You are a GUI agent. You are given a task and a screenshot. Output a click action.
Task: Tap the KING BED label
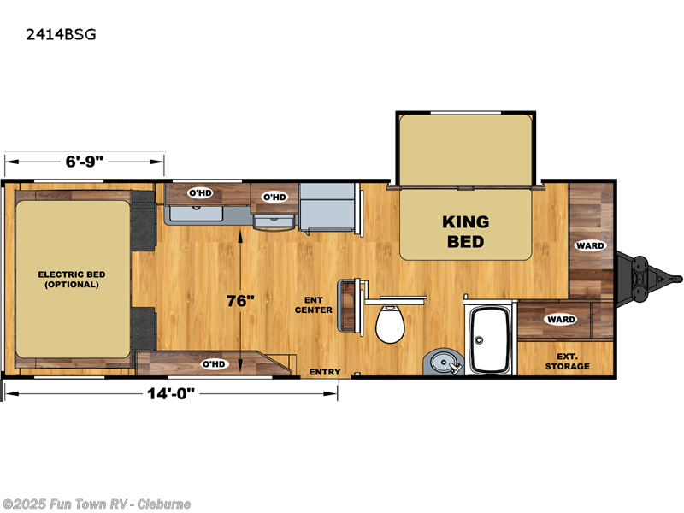[x=465, y=231]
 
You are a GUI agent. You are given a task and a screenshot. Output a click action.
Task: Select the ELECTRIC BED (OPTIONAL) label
[x=72, y=279]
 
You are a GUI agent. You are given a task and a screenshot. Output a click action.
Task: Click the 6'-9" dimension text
[x=84, y=160]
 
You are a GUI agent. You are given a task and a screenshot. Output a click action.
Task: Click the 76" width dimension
[x=241, y=301]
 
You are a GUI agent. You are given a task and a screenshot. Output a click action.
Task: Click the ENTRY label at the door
[x=325, y=372]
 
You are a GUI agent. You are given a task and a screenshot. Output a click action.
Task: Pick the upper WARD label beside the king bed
[x=590, y=245]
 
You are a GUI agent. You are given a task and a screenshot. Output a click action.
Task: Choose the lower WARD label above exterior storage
[x=561, y=320]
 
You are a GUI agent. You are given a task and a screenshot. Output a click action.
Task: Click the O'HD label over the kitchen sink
[x=199, y=192]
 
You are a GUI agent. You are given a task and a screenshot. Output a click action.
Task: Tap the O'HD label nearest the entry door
[x=212, y=363]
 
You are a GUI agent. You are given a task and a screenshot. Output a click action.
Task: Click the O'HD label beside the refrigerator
[x=274, y=197]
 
